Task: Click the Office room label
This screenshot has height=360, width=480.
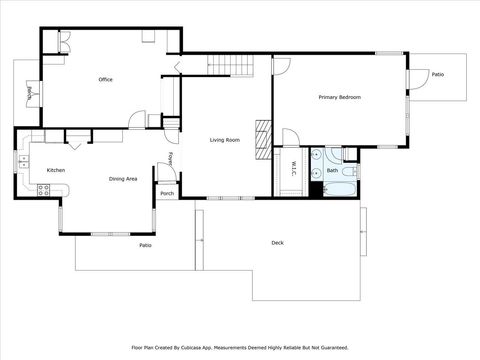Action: (105, 79)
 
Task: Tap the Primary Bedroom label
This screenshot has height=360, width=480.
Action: (339, 97)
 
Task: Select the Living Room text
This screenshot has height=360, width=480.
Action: (225, 140)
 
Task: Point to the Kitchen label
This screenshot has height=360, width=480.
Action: (55, 170)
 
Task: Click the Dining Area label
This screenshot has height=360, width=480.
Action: (123, 179)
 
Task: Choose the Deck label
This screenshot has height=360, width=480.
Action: (277, 243)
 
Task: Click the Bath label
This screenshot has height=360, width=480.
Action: (332, 171)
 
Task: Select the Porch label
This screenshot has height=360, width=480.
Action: (167, 193)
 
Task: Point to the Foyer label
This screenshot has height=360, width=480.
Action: (170, 160)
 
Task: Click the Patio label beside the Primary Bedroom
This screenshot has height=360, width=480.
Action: (438, 74)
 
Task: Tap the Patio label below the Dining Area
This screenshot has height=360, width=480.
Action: (145, 245)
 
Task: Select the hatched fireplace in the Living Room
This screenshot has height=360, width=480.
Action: (264, 134)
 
